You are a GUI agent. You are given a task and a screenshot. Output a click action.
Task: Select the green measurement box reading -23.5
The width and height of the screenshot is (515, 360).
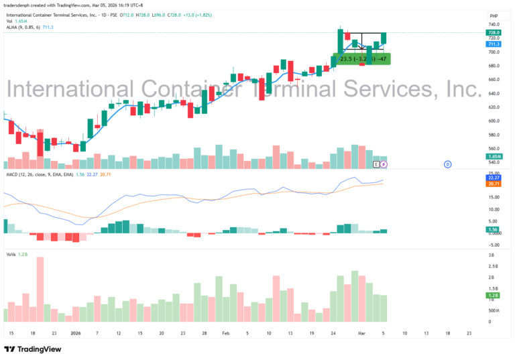coord(362,59)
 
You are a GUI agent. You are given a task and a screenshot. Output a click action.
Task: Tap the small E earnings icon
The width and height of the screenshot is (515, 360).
coord(376,164)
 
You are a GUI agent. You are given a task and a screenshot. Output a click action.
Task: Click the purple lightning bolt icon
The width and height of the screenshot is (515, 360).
coord(384,164)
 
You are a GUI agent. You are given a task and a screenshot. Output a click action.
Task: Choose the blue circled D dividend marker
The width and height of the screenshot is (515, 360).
coord(447,164)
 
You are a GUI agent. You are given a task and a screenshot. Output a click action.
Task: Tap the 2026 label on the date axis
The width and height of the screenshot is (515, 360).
coord(76,333)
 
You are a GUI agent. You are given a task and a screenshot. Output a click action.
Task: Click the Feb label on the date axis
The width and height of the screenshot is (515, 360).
coord(226,333)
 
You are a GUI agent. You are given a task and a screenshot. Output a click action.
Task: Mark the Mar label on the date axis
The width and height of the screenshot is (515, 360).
coord(361,333)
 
